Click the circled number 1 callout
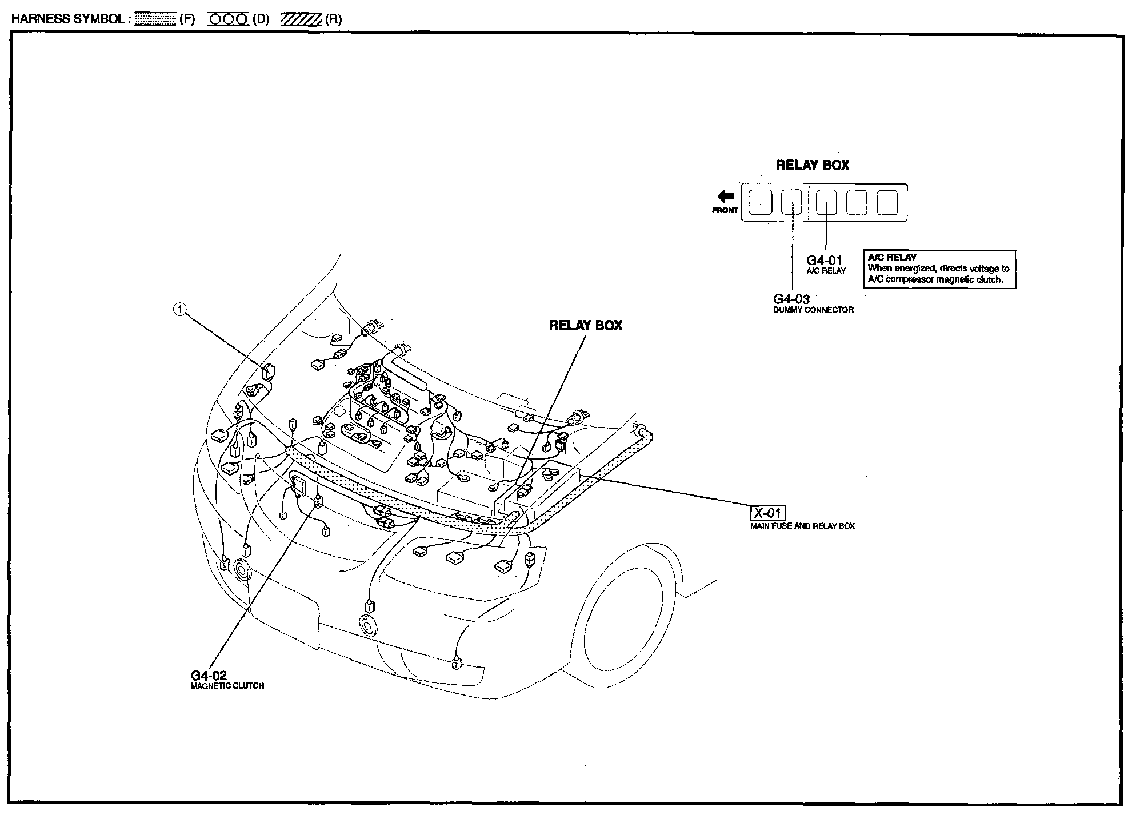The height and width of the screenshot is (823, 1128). (180, 310)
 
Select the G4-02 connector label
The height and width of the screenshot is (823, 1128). (209, 676)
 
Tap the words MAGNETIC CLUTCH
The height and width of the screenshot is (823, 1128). (227, 686)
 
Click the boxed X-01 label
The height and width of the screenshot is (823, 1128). (767, 513)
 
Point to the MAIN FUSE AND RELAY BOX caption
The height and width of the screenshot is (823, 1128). (802, 526)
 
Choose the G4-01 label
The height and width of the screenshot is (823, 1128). (824, 261)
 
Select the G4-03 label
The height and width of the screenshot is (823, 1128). (791, 299)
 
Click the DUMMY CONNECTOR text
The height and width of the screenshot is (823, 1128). (813, 310)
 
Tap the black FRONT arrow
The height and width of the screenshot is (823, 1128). (726, 197)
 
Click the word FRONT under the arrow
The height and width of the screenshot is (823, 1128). (725, 210)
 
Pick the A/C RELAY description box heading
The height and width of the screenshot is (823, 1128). (892, 258)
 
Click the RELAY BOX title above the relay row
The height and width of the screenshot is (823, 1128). (812, 166)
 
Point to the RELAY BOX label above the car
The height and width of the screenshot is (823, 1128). (585, 325)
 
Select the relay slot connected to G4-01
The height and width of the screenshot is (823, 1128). (826, 202)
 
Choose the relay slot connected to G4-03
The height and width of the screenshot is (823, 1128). (791, 202)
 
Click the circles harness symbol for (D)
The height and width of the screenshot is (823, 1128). (229, 19)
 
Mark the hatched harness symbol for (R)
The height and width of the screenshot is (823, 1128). (301, 19)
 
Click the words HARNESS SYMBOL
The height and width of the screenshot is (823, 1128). (68, 19)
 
